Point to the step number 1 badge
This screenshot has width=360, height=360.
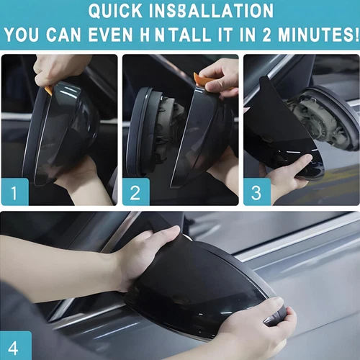click(15, 192)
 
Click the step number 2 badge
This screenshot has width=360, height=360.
click(135, 192)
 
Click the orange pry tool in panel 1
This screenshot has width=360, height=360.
click(49, 90)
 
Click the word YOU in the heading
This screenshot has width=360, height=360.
click(25, 35)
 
